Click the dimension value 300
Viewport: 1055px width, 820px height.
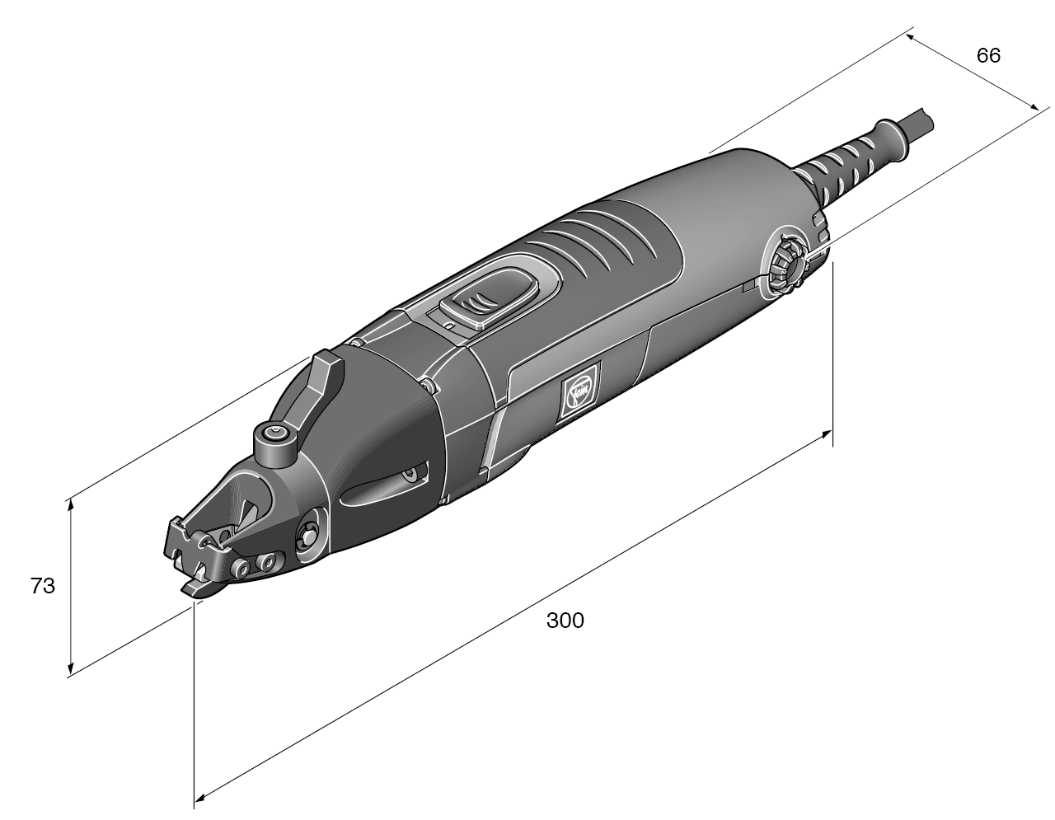[x=565, y=621]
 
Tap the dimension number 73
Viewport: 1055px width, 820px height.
[x=42, y=586]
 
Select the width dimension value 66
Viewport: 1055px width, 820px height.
[x=988, y=55]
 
